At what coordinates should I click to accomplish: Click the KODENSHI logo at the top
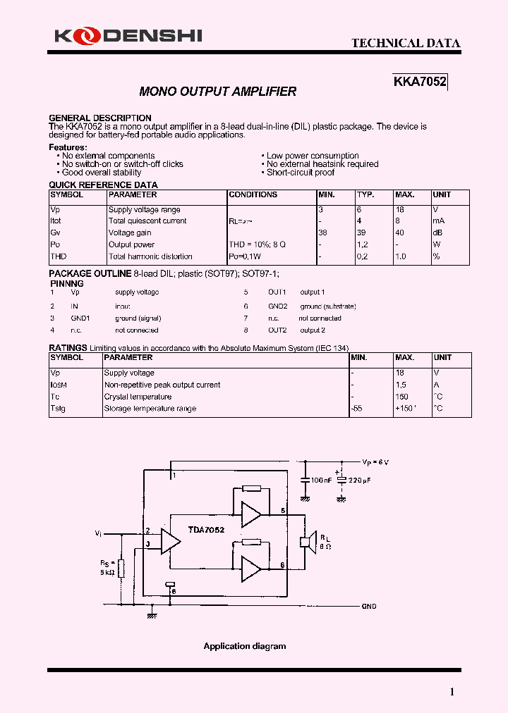128,35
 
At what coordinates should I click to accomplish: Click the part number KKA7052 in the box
420,82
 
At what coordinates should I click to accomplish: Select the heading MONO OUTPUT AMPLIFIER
218,92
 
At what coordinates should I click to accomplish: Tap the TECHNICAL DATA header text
406,44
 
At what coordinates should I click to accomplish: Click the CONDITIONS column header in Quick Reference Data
253,195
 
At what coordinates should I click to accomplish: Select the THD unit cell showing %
437,257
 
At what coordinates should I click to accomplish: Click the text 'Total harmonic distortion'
150,257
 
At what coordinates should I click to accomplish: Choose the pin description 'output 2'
313,330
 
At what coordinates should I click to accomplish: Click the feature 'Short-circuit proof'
301,173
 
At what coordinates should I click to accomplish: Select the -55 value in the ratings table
357,409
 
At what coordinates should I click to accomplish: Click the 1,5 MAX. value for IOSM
401,385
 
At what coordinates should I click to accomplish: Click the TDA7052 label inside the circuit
206,529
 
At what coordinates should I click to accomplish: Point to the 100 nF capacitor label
322,480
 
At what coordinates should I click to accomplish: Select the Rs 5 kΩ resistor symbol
121,569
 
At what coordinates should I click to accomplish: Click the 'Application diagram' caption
245,646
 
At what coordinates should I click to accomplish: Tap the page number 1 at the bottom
452,692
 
